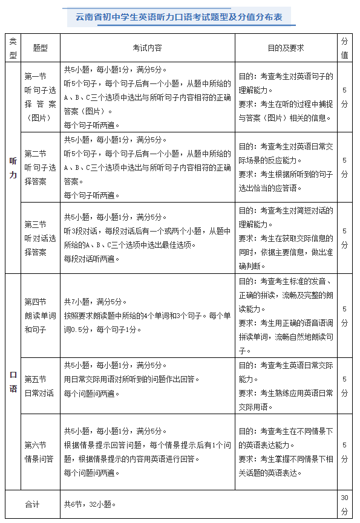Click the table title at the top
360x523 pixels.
[x=180, y=16]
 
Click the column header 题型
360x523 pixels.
[x=41, y=47]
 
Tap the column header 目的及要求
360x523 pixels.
[x=286, y=47]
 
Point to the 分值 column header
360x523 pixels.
[x=344, y=47]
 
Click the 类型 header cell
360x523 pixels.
[x=13, y=47]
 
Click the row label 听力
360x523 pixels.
[x=13, y=168]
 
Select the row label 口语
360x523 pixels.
[x=13, y=382]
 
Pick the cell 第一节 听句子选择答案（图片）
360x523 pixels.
[x=41, y=97]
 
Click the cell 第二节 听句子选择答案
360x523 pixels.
[x=41, y=167]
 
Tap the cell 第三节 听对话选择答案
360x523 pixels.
[x=41, y=238]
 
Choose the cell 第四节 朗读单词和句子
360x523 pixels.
[x=41, y=315]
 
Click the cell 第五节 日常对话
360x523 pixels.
[x=41, y=386]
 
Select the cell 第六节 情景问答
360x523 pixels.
[x=41, y=452]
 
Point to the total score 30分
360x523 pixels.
[x=344, y=504]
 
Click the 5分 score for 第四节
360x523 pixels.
[x=344, y=315]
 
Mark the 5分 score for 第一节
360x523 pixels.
[x=344, y=97]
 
